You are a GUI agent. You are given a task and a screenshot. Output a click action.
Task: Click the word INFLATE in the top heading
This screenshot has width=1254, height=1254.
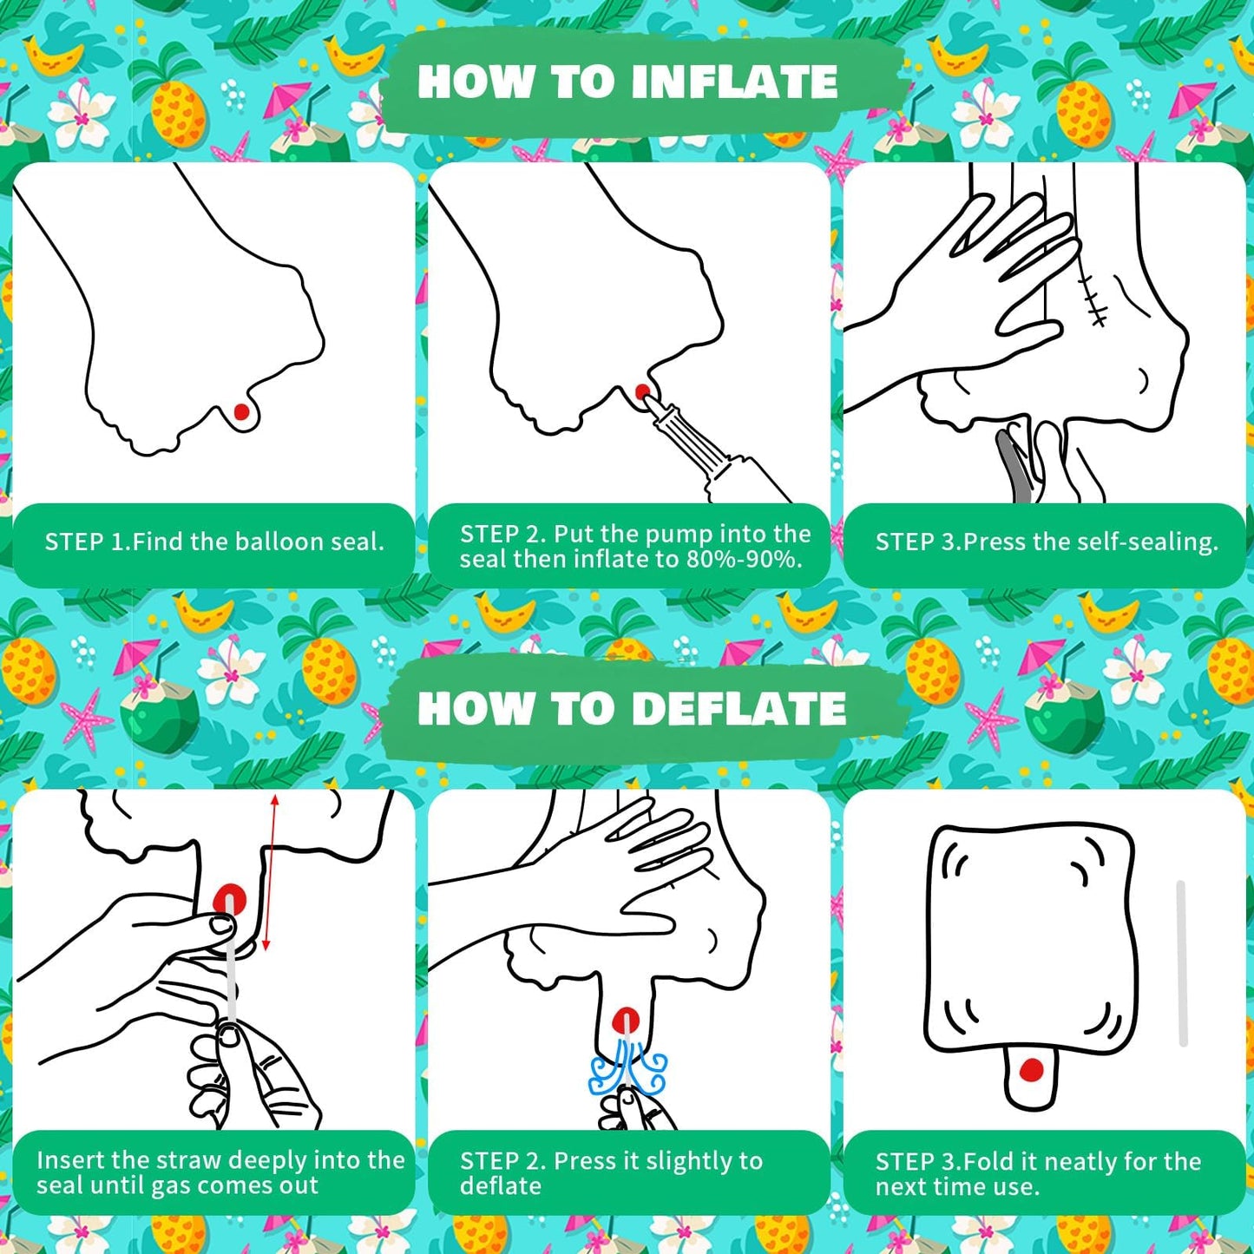pyautogui.click(x=734, y=82)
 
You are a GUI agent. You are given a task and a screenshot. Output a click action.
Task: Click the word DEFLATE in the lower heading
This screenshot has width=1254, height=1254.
pyautogui.click(x=739, y=708)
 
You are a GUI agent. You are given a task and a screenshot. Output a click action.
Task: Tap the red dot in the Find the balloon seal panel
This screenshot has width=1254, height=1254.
pyautogui.click(x=241, y=411)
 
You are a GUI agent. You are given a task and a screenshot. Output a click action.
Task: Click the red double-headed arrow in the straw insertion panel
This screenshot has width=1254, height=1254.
pyautogui.click(x=270, y=872)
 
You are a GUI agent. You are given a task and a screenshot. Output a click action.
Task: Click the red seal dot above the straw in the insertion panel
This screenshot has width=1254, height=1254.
pyautogui.click(x=230, y=901)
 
